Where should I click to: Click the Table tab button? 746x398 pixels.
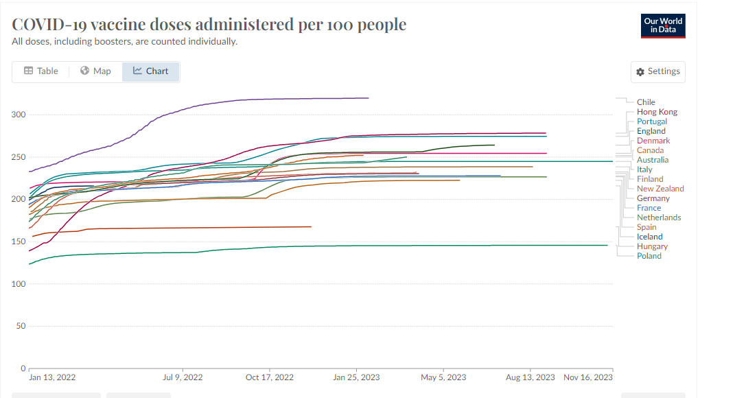coord(41,71)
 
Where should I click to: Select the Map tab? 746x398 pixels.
coord(95,71)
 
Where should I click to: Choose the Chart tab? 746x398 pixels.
coord(151,71)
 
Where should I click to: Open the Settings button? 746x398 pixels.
coord(657,71)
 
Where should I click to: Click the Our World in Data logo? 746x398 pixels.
coord(663,25)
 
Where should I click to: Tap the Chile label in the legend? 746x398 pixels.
coord(646,102)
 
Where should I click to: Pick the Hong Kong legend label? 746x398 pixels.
coord(657,112)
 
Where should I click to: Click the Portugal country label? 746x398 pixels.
coord(652,121)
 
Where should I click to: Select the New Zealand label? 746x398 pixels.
coord(660,189)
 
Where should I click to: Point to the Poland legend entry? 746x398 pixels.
coord(649,256)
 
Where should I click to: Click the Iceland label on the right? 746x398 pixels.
coord(650,237)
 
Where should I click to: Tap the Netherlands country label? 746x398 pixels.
coord(659,218)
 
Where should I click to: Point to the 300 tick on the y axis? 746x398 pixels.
coord(19,115)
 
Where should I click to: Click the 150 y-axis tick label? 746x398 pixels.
coord(19,242)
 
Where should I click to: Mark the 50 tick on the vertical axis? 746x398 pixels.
coord(21,326)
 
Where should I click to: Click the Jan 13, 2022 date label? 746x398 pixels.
coord(52,377)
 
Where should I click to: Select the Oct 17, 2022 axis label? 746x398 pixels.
coord(270,377)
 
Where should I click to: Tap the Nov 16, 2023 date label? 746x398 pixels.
coord(587,377)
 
